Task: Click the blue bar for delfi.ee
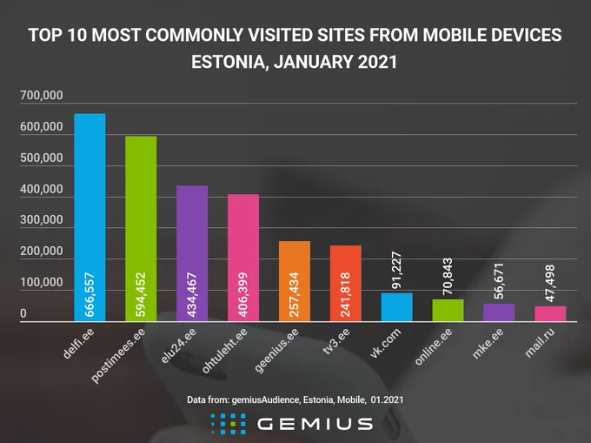(90, 218)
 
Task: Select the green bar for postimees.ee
(141, 229)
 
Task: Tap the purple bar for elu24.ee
(192, 253)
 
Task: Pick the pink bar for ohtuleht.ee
(243, 258)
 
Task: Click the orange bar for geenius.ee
(295, 281)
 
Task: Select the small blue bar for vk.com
(396, 307)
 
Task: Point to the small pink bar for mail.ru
(550, 313)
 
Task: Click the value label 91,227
(396, 270)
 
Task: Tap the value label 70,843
(448, 276)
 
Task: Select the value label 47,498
(550, 284)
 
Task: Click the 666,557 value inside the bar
(90, 295)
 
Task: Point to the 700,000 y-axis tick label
(42, 95)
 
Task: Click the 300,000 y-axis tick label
(42, 219)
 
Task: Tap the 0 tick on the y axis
(23, 313)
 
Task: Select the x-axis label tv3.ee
(336, 341)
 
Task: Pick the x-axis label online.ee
(434, 346)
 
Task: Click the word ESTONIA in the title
(229, 63)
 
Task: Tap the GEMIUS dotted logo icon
(229, 424)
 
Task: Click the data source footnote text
(295, 399)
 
